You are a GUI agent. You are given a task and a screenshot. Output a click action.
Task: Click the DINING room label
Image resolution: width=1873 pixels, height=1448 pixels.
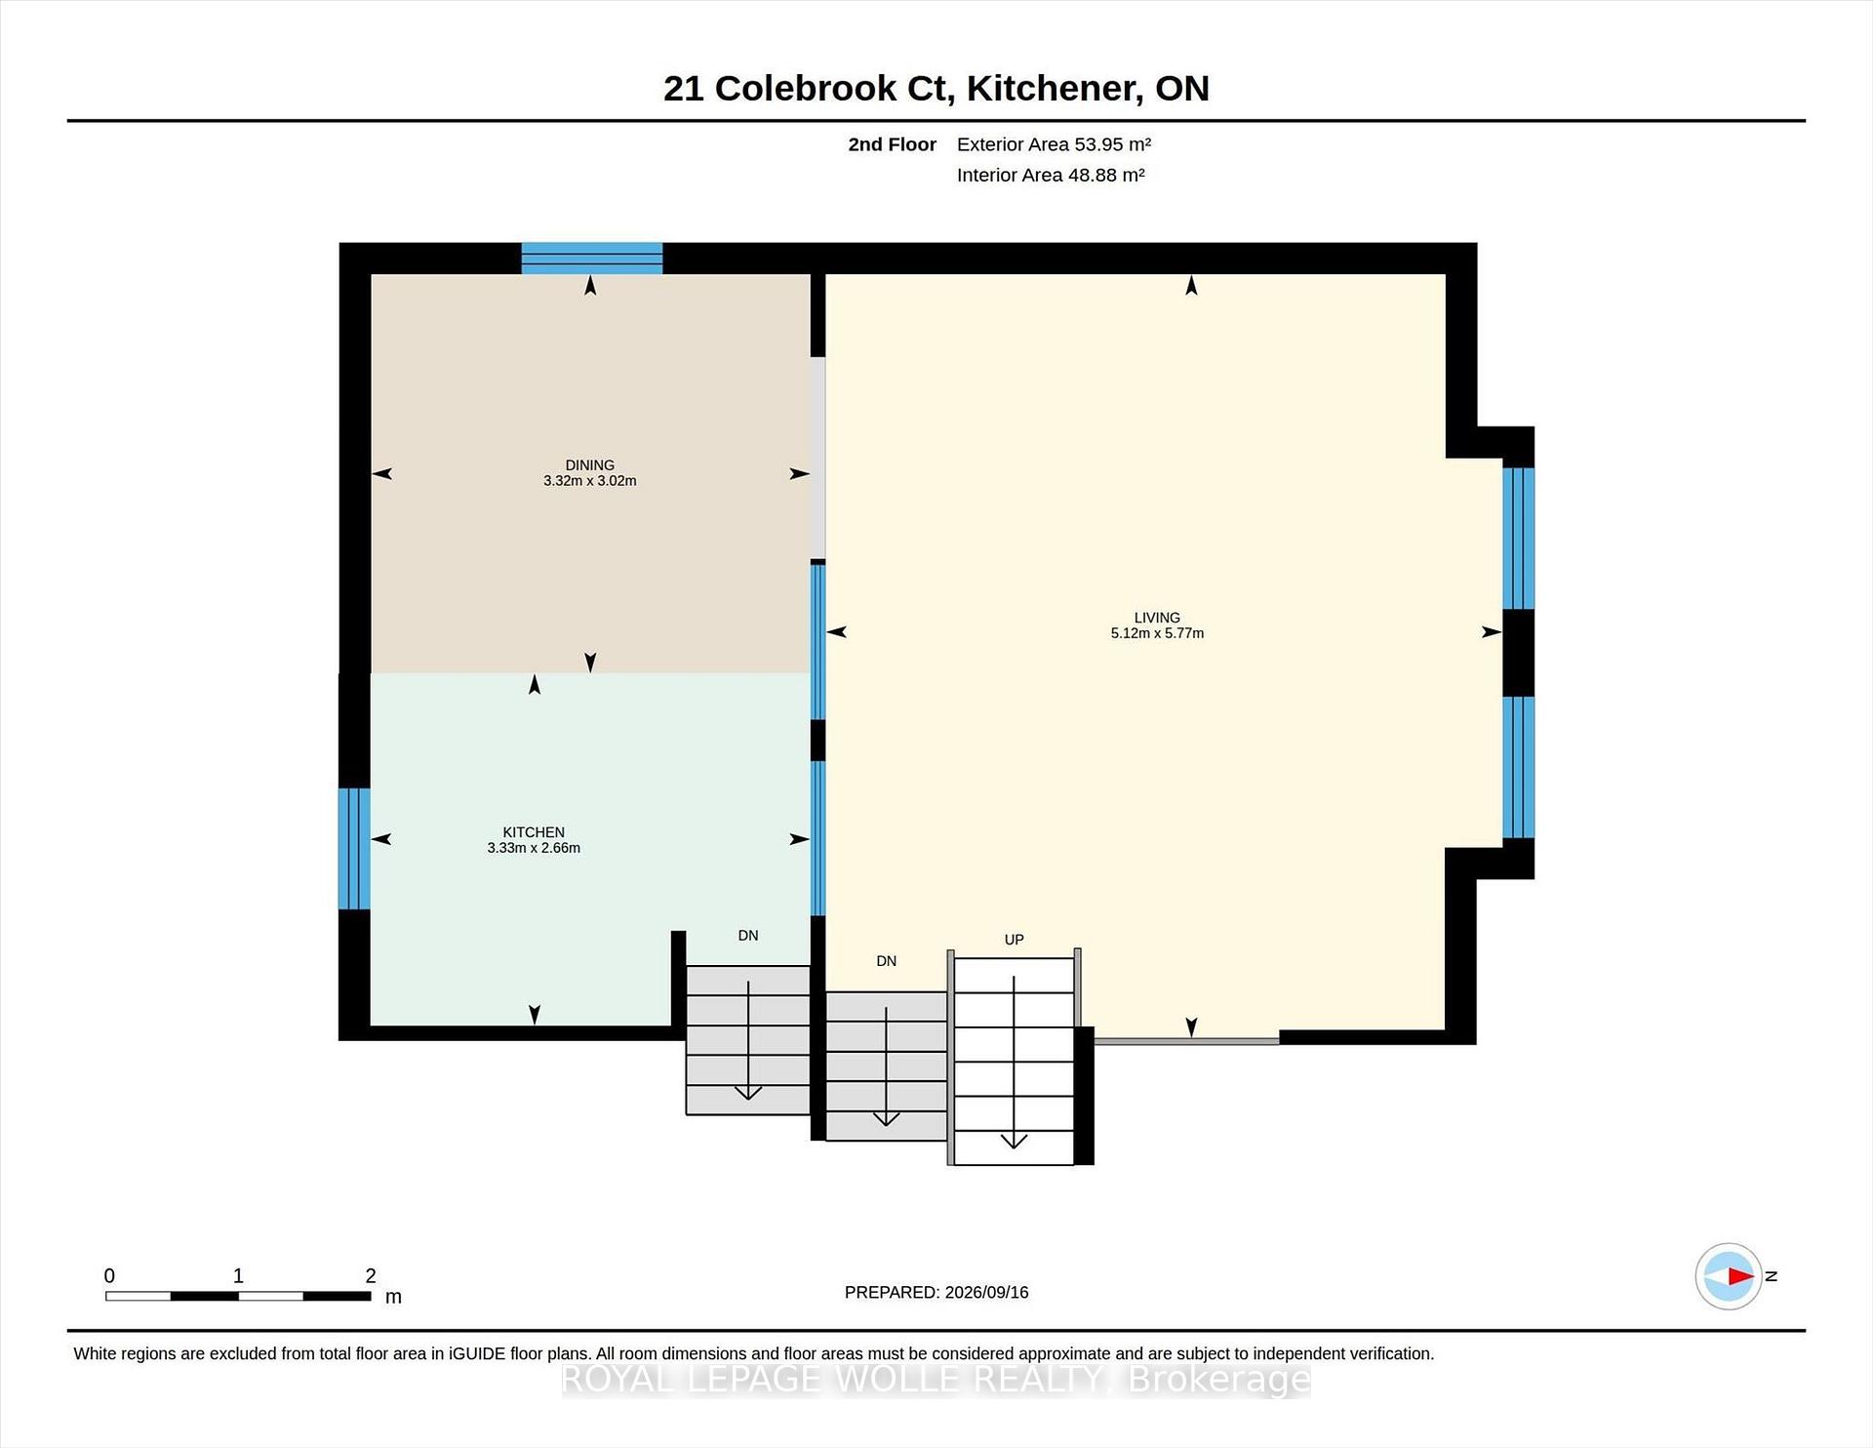pos(589,465)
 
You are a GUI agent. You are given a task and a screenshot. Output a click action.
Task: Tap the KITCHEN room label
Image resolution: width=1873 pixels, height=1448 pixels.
pos(534,832)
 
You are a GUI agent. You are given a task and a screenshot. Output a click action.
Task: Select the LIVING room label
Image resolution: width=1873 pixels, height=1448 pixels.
pos(1157,618)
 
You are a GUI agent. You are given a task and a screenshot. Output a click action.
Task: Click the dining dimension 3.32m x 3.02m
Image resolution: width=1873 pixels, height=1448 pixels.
pos(589,481)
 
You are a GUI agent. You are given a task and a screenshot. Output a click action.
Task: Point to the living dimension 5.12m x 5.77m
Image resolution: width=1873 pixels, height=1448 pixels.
pos(1157,633)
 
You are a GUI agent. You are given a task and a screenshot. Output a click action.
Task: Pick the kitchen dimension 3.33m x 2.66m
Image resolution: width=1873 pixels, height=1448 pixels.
pos(534,848)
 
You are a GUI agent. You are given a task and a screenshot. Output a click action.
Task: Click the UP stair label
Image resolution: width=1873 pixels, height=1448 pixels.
pos(1015,940)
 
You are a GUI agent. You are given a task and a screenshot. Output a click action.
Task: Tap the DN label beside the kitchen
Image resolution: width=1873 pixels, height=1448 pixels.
pos(748,936)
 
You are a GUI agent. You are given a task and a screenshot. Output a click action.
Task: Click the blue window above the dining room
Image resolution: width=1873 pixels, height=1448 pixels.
pos(592,259)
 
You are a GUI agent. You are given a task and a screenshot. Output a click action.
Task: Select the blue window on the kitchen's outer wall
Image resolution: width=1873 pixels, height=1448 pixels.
pos(354,849)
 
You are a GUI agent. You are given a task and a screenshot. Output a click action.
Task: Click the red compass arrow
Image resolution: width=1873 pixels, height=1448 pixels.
pos(1741,1276)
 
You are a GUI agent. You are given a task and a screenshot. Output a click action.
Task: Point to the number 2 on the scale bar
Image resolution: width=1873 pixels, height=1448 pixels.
pos(371,1276)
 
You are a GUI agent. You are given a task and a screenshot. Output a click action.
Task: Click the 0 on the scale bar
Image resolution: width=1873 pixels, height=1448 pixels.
pos(109,1276)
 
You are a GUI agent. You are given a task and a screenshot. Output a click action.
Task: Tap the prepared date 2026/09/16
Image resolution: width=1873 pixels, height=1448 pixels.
pos(986,1292)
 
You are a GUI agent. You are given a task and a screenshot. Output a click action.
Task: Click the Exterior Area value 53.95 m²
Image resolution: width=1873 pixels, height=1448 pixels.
pos(1112,144)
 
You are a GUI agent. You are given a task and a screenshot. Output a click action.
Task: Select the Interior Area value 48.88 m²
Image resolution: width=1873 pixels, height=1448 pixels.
pos(1106,175)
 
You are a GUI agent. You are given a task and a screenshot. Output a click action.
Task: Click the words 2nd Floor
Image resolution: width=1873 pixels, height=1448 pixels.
pos(892,144)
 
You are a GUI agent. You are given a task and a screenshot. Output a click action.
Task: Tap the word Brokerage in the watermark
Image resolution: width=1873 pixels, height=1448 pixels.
pos(1219,1380)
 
